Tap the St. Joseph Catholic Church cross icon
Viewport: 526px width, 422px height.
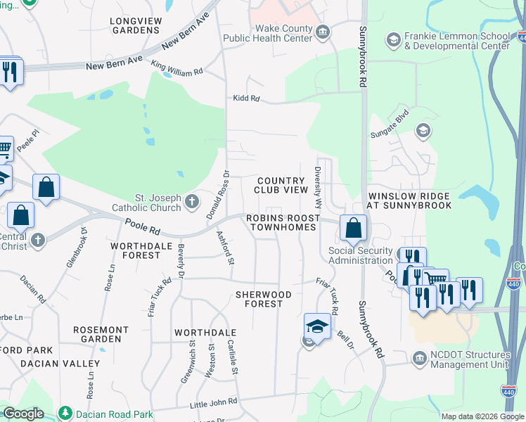[x=191, y=203]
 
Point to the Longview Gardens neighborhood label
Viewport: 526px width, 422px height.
[x=136, y=25]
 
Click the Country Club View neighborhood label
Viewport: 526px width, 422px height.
[x=281, y=186]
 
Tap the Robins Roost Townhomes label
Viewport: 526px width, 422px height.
[x=280, y=224]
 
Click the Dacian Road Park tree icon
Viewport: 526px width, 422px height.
[x=65, y=411]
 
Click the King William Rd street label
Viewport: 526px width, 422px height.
[x=177, y=69]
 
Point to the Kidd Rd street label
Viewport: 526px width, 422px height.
[x=247, y=99]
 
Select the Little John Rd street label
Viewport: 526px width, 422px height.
[x=214, y=403]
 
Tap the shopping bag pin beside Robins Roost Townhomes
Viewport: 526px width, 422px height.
[x=352, y=227]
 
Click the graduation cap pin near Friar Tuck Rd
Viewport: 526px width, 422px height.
[x=317, y=327]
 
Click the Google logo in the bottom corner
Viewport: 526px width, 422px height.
[x=23, y=414]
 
